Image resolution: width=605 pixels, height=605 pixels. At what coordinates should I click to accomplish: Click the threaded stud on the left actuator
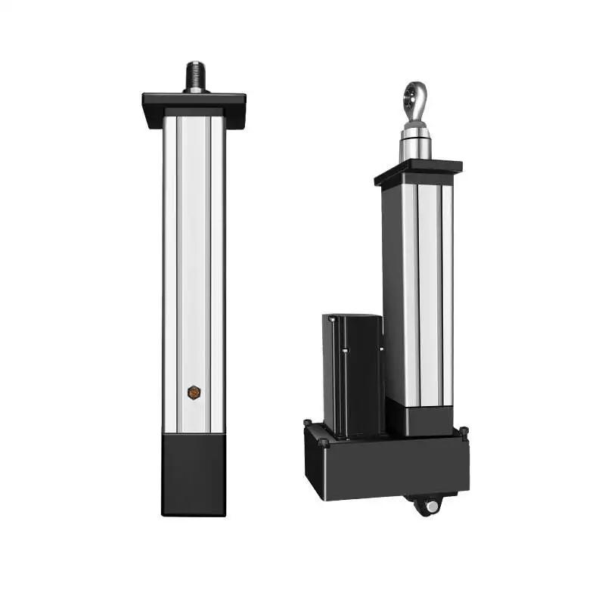point(196,74)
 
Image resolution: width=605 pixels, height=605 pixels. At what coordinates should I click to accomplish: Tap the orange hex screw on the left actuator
point(194,392)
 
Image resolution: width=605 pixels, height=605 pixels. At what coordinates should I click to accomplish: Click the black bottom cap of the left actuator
point(194,474)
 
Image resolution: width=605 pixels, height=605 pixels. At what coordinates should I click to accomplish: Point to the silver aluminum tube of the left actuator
point(194,265)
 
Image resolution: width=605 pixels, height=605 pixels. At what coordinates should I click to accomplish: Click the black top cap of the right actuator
point(417,172)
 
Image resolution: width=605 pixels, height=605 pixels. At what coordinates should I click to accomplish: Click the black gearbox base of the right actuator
point(386,465)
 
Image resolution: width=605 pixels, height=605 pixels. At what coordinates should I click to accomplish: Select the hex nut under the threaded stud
point(196,89)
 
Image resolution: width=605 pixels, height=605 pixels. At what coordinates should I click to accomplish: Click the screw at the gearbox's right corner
point(464,433)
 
